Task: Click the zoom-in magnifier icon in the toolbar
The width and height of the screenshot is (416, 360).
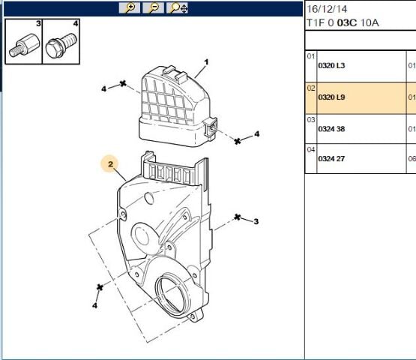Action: pos(130,8)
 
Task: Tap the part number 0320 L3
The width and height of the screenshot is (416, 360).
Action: pos(331,66)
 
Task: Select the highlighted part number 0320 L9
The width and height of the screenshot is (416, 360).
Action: pos(331,97)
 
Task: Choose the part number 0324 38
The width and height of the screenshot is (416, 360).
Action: pos(331,128)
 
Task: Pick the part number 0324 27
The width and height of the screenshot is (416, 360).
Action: pos(331,159)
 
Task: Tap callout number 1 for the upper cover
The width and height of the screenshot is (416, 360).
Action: pos(206,63)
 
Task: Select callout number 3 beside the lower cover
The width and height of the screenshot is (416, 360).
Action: pos(256,221)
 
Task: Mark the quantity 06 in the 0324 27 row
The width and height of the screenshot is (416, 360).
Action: pos(411,159)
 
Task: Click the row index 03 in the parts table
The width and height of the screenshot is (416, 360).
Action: pos(310,118)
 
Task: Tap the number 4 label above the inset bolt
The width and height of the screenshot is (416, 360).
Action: pos(75,23)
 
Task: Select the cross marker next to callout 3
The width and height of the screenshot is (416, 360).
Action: pos(238,217)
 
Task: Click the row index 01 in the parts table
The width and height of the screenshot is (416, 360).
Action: pos(310,56)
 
